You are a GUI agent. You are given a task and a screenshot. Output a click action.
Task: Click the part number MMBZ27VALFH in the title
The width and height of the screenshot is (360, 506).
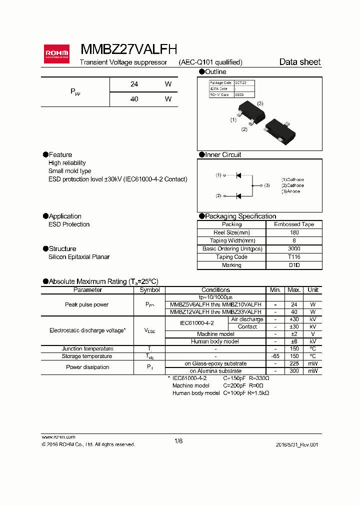click(x=128, y=48)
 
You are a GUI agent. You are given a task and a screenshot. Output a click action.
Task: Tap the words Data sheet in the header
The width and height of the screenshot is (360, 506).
click(x=299, y=62)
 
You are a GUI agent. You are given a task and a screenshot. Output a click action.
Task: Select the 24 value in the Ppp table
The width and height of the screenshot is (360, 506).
click(x=134, y=84)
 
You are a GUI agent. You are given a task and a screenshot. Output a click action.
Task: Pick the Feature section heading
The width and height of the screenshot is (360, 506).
click(x=60, y=154)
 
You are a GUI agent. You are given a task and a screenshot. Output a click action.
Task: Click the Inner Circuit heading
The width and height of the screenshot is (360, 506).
click(x=223, y=154)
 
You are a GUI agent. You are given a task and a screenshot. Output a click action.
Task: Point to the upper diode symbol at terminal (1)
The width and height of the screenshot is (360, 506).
click(x=238, y=175)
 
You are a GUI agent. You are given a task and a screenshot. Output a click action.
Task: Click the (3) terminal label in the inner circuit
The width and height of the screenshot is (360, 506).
click(x=267, y=185)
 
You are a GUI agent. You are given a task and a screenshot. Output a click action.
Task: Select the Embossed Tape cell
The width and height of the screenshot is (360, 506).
click(x=294, y=224)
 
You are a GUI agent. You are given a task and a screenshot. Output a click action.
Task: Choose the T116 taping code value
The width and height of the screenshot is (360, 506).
click(x=294, y=257)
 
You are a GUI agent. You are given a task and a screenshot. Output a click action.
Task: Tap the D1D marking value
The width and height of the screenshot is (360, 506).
click(x=294, y=265)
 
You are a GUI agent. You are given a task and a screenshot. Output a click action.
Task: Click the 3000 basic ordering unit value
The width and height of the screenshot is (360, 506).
click(x=294, y=249)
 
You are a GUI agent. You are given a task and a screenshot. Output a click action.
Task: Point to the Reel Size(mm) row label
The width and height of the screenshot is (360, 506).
click(x=231, y=232)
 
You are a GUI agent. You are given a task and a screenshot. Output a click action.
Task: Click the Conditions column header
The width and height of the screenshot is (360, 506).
click(x=215, y=290)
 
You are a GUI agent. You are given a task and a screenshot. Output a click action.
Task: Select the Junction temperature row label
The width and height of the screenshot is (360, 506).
click(x=87, y=349)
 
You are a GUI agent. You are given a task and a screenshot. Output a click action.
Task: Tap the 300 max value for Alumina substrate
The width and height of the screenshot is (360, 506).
click(x=294, y=371)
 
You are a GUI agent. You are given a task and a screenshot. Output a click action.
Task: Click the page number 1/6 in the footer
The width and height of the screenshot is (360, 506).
click(x=179, y=440)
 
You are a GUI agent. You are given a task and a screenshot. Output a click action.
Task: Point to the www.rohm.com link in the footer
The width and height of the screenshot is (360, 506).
click(x=58, y=436)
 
